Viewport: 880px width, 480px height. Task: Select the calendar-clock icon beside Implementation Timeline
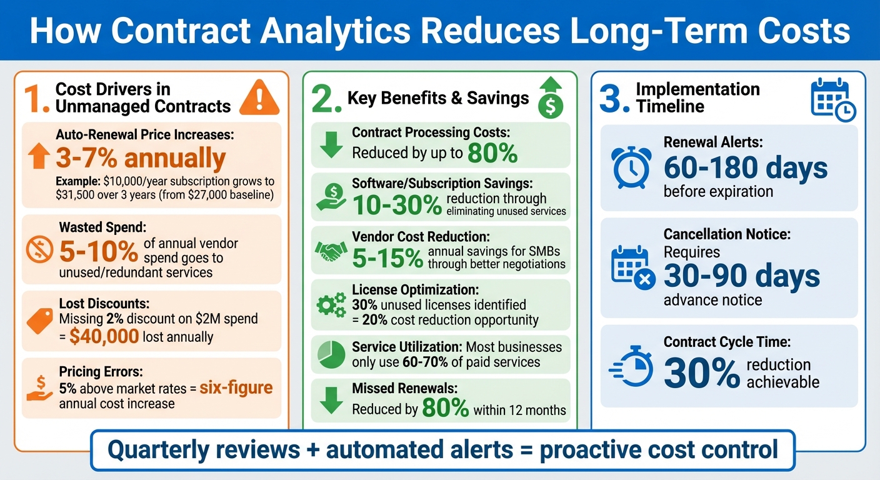832,99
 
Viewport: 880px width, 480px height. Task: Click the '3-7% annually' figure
141,158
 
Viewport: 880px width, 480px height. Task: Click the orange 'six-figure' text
236,387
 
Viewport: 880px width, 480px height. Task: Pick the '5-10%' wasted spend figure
98,251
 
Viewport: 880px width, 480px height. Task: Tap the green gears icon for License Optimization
331,305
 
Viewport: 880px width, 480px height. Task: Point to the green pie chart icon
331,354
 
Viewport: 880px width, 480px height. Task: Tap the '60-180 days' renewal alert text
745,167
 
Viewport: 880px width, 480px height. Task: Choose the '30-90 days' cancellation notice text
741,276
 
